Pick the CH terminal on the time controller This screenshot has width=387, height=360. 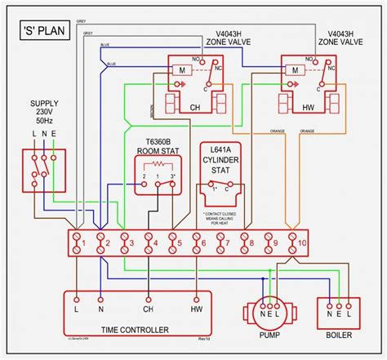(149, 311)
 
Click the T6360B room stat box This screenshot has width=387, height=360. (159, 177)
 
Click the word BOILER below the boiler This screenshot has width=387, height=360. (338, 335)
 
